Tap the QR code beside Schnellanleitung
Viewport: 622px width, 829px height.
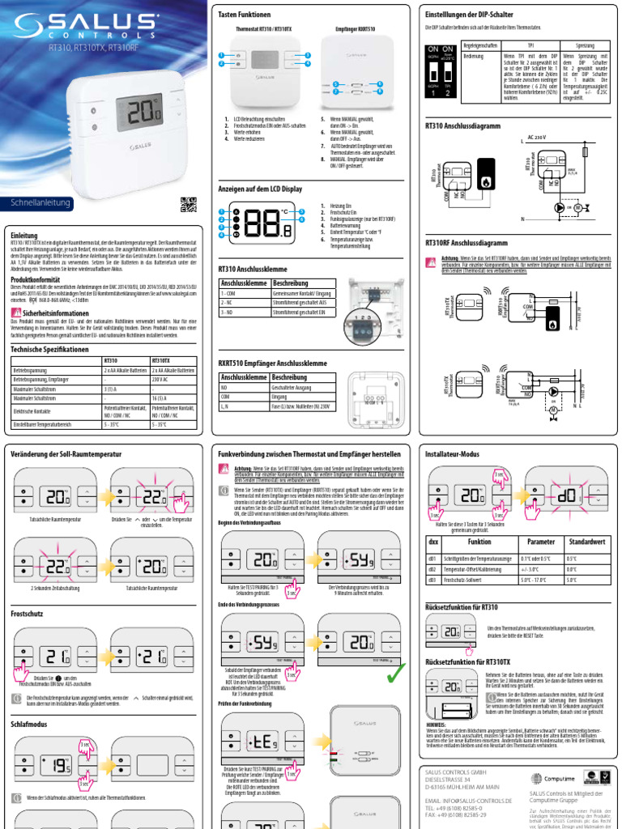point(188,205)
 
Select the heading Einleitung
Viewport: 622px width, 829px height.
point(24,235)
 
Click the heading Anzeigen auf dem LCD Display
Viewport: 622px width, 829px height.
point(260,188)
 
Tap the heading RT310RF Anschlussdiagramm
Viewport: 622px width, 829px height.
point(466,242)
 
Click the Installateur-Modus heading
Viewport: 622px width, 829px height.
point(452,454)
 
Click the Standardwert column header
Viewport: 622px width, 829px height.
point(586,542)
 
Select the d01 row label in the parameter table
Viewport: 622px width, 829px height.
point(432,559)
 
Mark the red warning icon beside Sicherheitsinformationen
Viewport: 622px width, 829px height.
point(16,312)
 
